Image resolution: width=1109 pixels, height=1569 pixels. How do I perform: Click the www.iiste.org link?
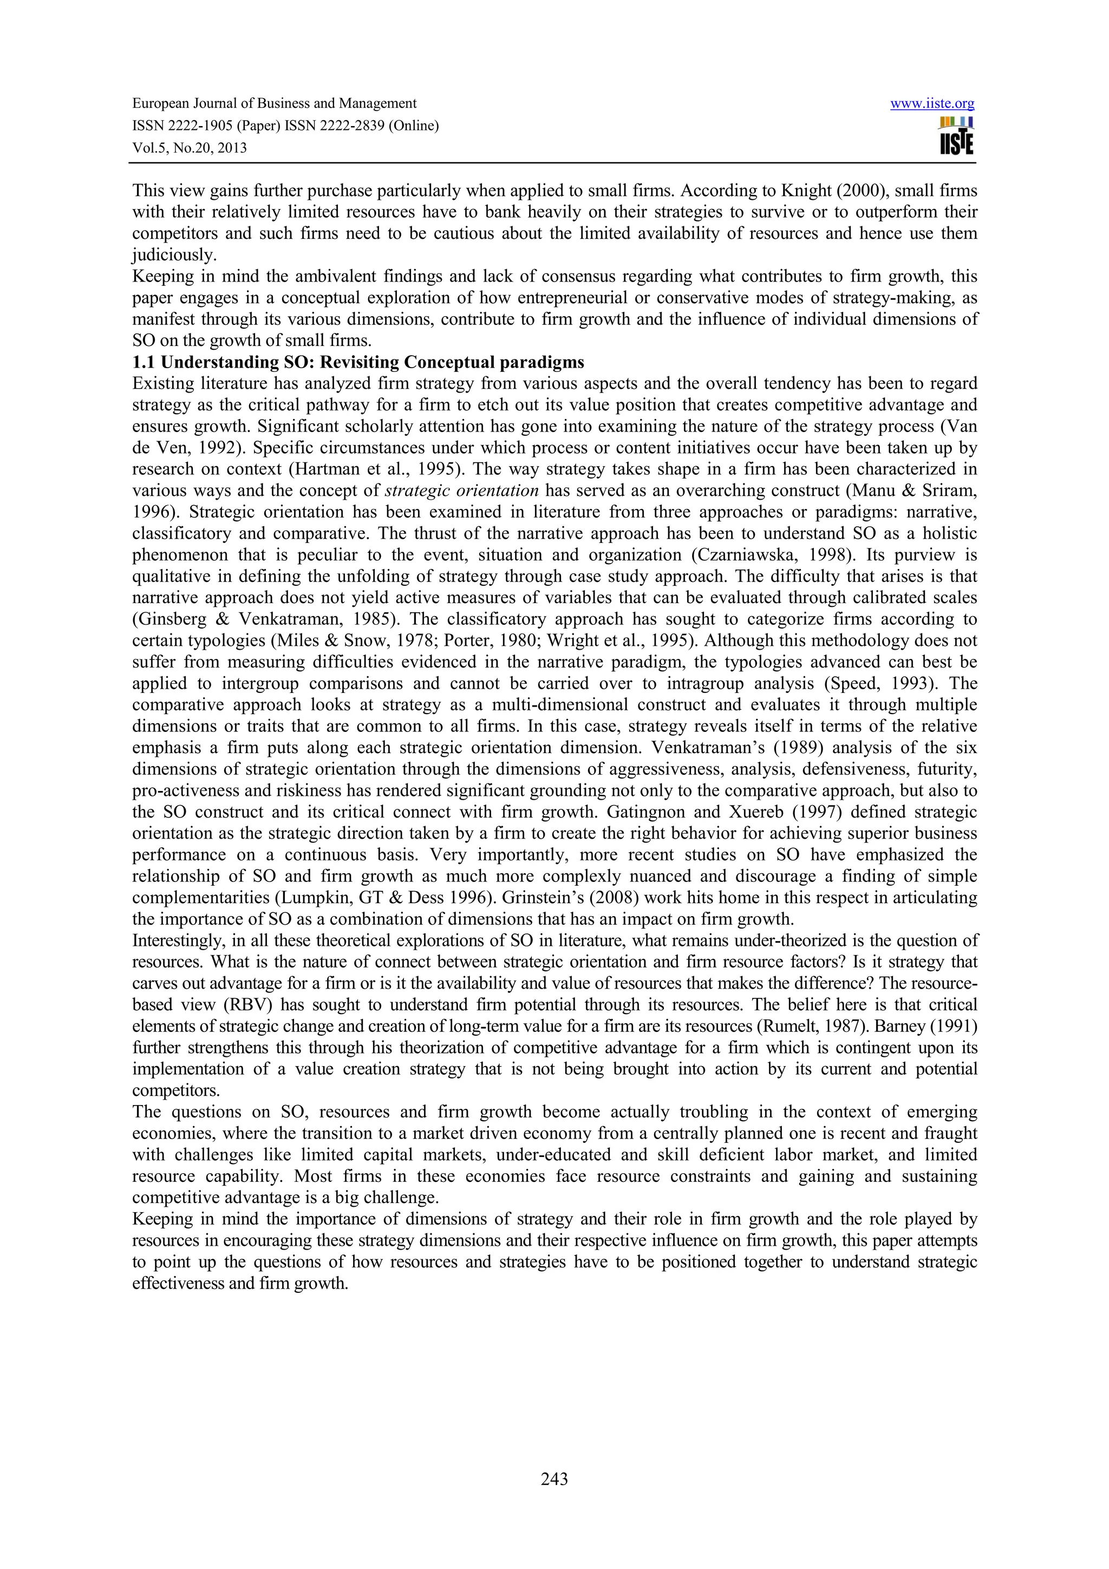pos(932,104)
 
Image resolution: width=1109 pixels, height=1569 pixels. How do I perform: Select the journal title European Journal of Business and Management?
pos(274,104)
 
